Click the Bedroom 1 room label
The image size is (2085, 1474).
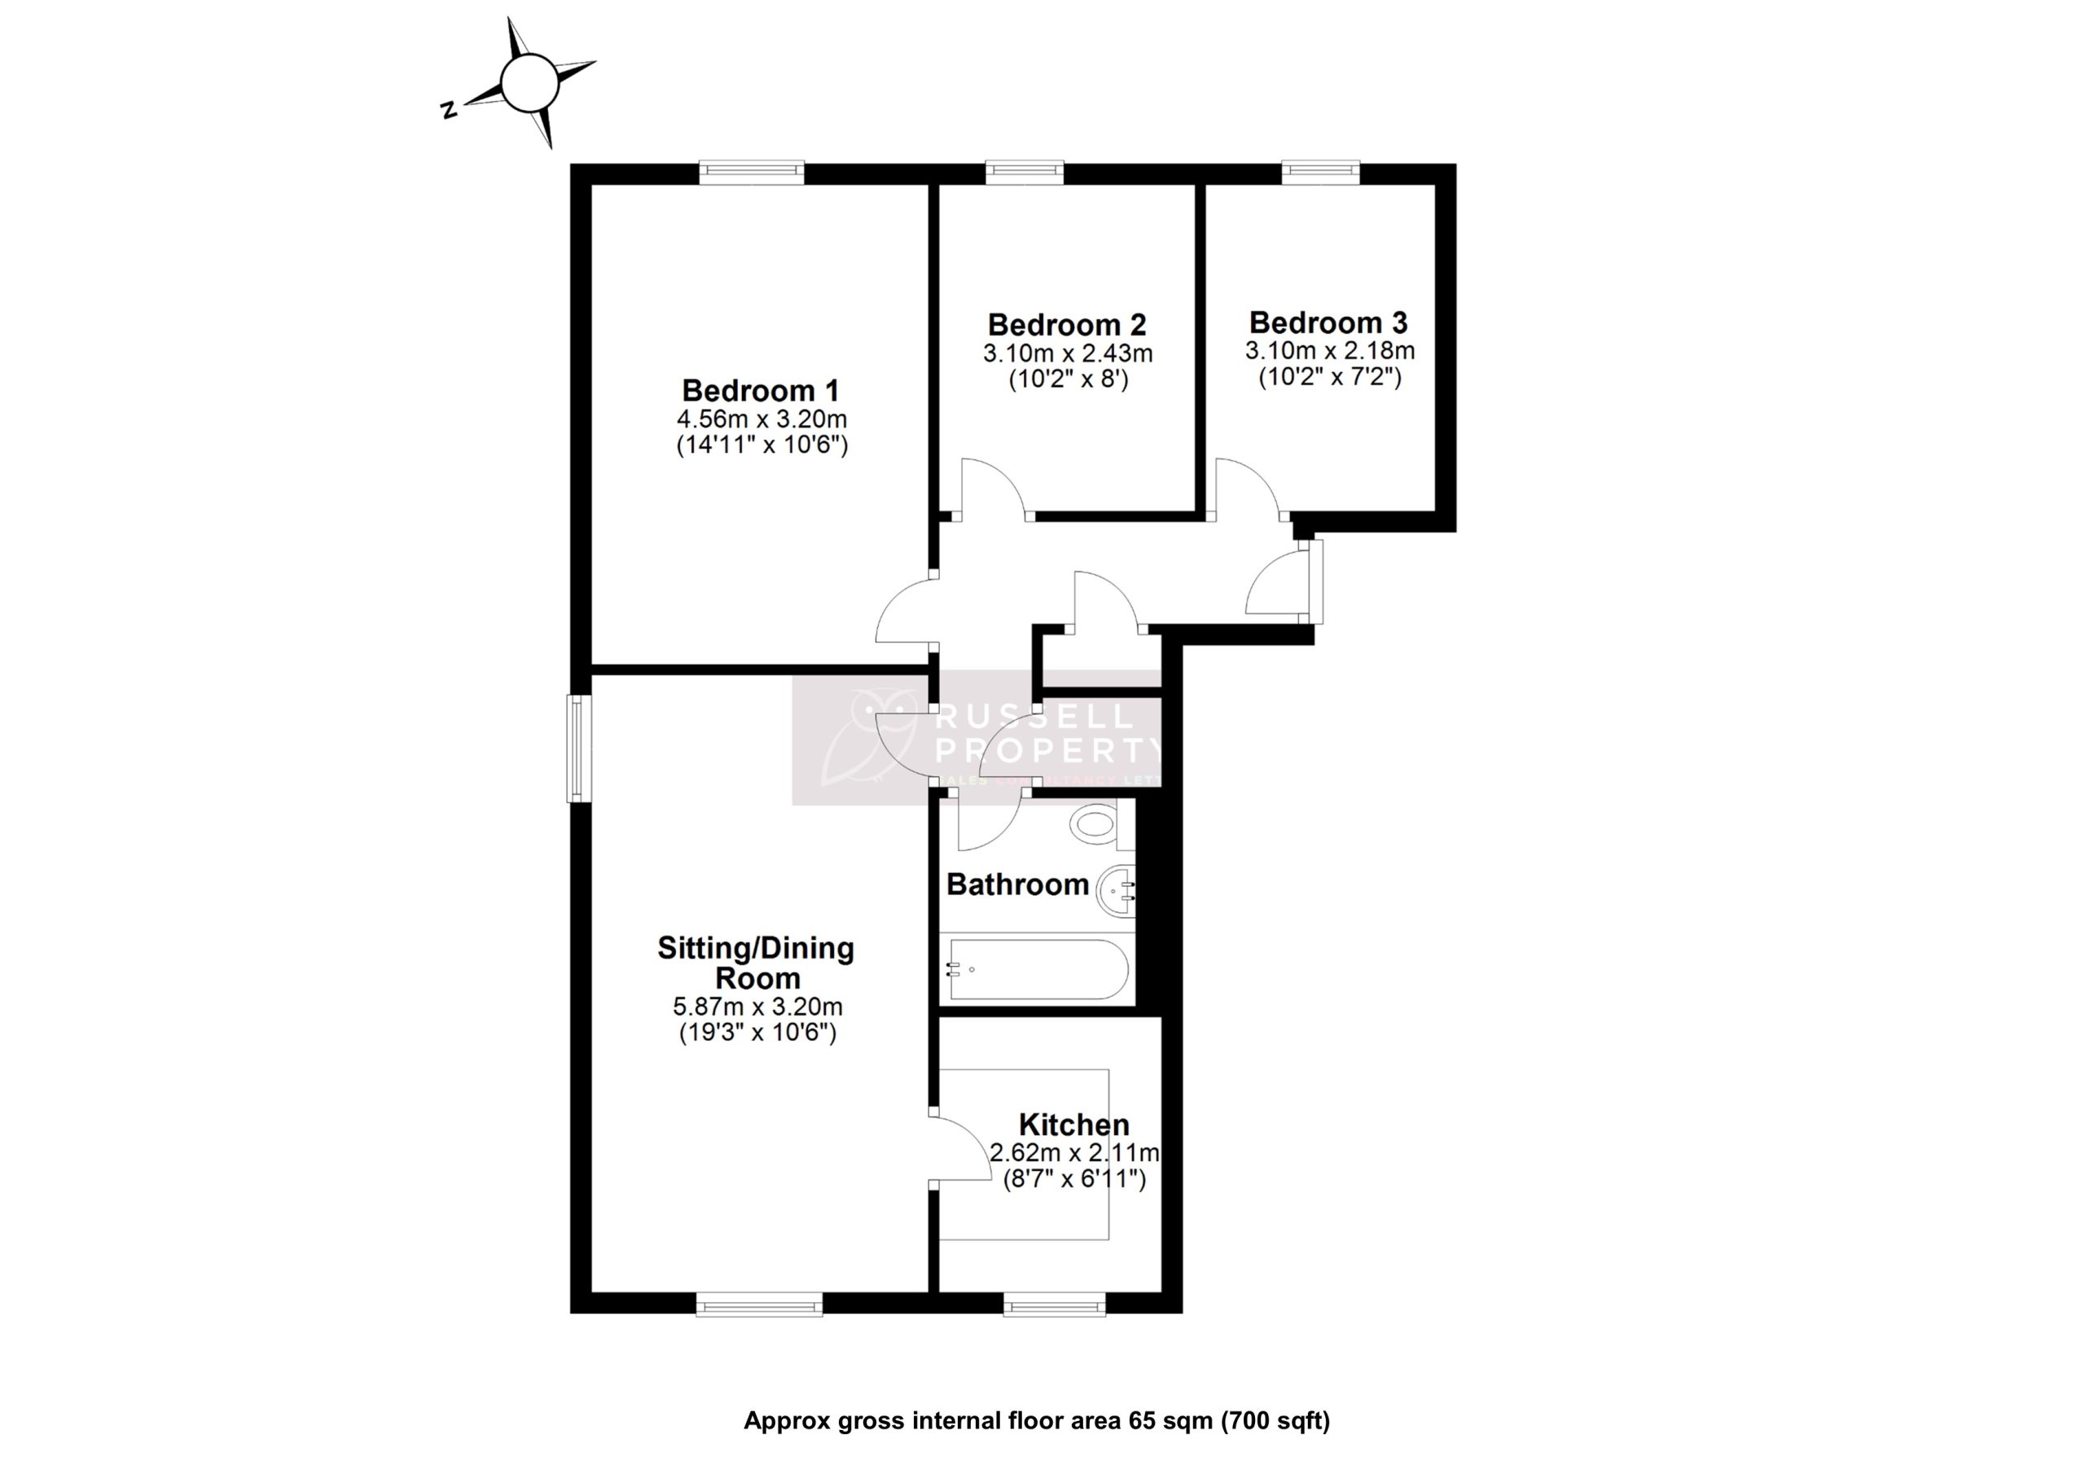click(760, 391)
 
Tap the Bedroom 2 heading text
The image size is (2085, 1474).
click(1067, 324)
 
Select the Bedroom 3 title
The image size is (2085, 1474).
click(1328, 322)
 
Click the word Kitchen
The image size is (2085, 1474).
click(1073, 1125)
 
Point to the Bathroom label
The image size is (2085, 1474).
click(1017, 884)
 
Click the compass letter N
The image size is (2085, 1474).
click(448, 110)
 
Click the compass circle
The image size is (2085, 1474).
click(529, 82)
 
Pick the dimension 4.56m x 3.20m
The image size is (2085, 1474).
click(761, 419)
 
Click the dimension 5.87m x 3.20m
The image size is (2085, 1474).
click(757, 1007)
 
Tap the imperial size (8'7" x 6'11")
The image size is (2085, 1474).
click(1073, 1179)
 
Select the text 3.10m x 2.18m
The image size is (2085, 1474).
click(1328, 349)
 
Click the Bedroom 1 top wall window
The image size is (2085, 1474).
click(751, 172)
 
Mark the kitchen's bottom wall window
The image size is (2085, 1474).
click(1054, 1306)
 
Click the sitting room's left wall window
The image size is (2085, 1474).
click(578, 748)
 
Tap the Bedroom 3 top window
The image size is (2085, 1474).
click(1320, 172)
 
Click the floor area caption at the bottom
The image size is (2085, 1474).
click(1036, 1420)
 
